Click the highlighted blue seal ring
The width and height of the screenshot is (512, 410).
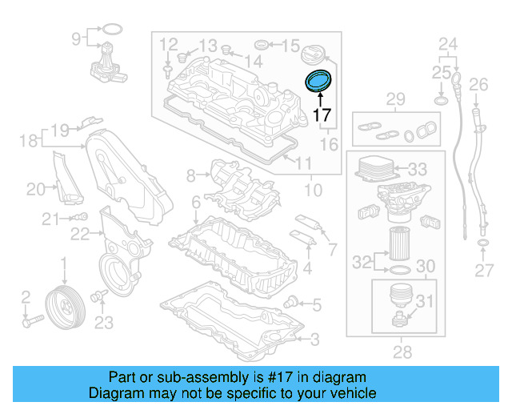click(319, 82)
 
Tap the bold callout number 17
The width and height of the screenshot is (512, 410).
click(322, 115)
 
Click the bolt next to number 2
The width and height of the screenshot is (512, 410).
click(31, 322)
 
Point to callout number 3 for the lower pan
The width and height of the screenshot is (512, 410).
click(314, 340)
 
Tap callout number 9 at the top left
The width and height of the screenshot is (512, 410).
click(77, 38)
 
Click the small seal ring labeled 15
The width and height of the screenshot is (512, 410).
click(262, 43)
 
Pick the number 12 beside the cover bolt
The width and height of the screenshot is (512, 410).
click(168, 43)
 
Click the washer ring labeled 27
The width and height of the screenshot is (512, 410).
click(483, 242)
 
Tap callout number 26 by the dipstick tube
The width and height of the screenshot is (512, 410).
click(478, 84)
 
